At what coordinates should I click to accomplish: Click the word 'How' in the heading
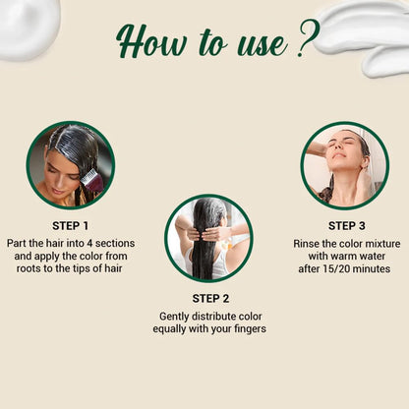coord(152,41)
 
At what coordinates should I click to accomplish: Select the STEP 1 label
coord(70,226)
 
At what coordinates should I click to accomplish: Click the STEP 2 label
coord(210,299)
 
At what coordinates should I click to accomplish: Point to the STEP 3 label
coord(347,226)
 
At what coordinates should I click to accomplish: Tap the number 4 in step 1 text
coord(89,244)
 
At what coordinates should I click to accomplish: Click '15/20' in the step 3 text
coord(331,269)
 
